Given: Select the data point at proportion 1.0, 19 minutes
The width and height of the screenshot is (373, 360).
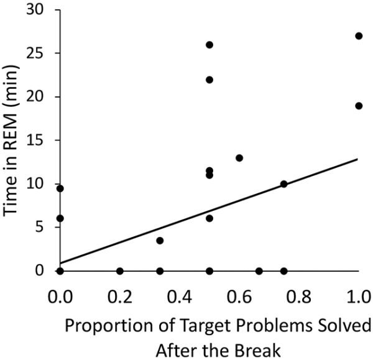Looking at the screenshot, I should (359, 106).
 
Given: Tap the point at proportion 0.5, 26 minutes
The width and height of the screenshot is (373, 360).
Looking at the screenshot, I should (210, 45).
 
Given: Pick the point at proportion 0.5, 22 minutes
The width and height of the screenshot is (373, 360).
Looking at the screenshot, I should (210, 80).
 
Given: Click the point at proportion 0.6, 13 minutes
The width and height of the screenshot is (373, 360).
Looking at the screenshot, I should (239, 158).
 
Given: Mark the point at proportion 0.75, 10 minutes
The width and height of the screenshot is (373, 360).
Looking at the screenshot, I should (284, 184).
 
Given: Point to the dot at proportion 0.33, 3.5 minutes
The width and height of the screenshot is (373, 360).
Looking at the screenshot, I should (160, 241).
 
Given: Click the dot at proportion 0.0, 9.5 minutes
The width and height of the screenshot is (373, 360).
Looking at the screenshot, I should (60, 188).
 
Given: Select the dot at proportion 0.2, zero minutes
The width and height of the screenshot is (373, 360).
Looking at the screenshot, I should (120, 271).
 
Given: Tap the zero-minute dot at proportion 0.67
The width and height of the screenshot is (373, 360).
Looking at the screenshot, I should (259, 271).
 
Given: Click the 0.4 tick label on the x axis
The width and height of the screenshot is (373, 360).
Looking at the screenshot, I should (180, 295).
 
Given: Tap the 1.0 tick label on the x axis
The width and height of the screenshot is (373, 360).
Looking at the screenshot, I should (359, 295).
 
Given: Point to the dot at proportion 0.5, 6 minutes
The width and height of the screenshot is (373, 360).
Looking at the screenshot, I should (210, 219).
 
